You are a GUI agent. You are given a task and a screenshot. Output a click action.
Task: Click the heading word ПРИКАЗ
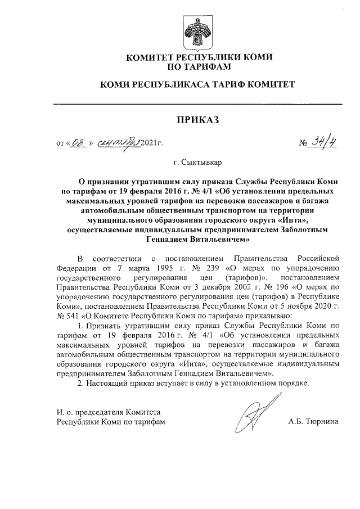197,120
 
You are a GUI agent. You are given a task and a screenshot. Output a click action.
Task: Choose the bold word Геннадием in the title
169,238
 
